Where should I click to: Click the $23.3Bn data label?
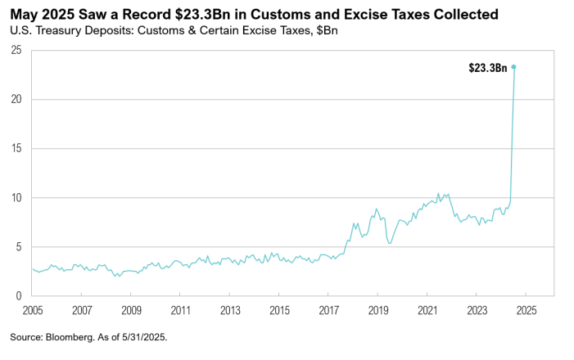coord(488,68)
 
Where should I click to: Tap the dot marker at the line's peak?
coord(513,67)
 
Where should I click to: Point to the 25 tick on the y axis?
coord(16,51)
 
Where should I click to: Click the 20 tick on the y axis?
coord(16,100)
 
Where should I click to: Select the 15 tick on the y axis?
coord(16,149)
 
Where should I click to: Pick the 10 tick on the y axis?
coord(16,198)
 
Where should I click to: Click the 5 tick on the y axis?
coord(18,247)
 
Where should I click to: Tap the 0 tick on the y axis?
coord(18,296)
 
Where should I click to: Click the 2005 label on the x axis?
coord(33,311)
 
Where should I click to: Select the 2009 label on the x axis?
coord(131,311)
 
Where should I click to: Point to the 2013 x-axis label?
coord(230,311)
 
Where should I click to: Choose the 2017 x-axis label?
coord(328,311)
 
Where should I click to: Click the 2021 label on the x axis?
coord(427,311)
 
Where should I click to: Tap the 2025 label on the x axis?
coord(525,311)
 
